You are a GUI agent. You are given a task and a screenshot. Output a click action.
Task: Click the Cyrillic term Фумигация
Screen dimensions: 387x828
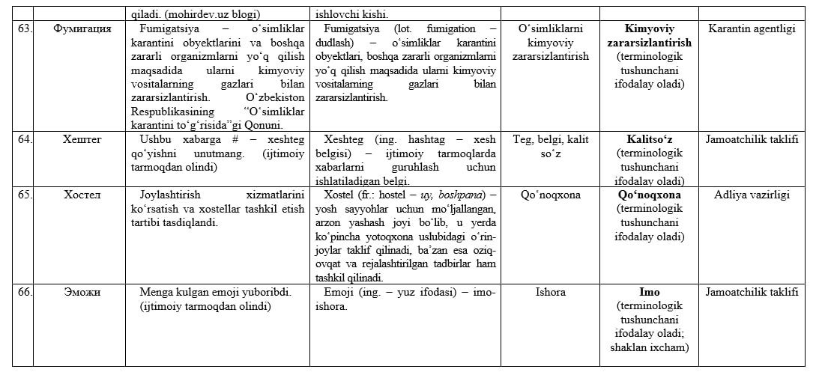[x=83, y=29]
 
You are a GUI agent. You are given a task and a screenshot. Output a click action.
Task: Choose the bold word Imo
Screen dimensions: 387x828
[x=649, y=292]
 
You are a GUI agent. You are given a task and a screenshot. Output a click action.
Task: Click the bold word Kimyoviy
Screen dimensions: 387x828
[x=649, y=29]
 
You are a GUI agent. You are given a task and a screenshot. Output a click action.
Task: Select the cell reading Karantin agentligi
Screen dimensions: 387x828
[x=752, y=29]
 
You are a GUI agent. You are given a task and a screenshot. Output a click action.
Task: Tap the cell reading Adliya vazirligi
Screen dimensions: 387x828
[x=752, y=195]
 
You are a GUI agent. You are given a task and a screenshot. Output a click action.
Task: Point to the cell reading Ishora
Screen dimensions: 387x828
[x=551, y=292]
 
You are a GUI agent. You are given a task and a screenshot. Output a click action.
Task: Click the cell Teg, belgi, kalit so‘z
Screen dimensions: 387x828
[x=551, y=146]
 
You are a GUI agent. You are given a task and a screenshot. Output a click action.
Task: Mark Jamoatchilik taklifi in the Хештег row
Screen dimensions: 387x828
[x=752, y=139]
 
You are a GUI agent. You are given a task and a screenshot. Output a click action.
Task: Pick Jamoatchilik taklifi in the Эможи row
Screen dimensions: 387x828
[x=752, y=292]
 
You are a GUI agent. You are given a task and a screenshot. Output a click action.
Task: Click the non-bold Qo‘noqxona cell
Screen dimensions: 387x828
[x=551, y=195]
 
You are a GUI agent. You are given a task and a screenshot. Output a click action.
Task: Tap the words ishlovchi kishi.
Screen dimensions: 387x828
[x=352, y=13]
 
